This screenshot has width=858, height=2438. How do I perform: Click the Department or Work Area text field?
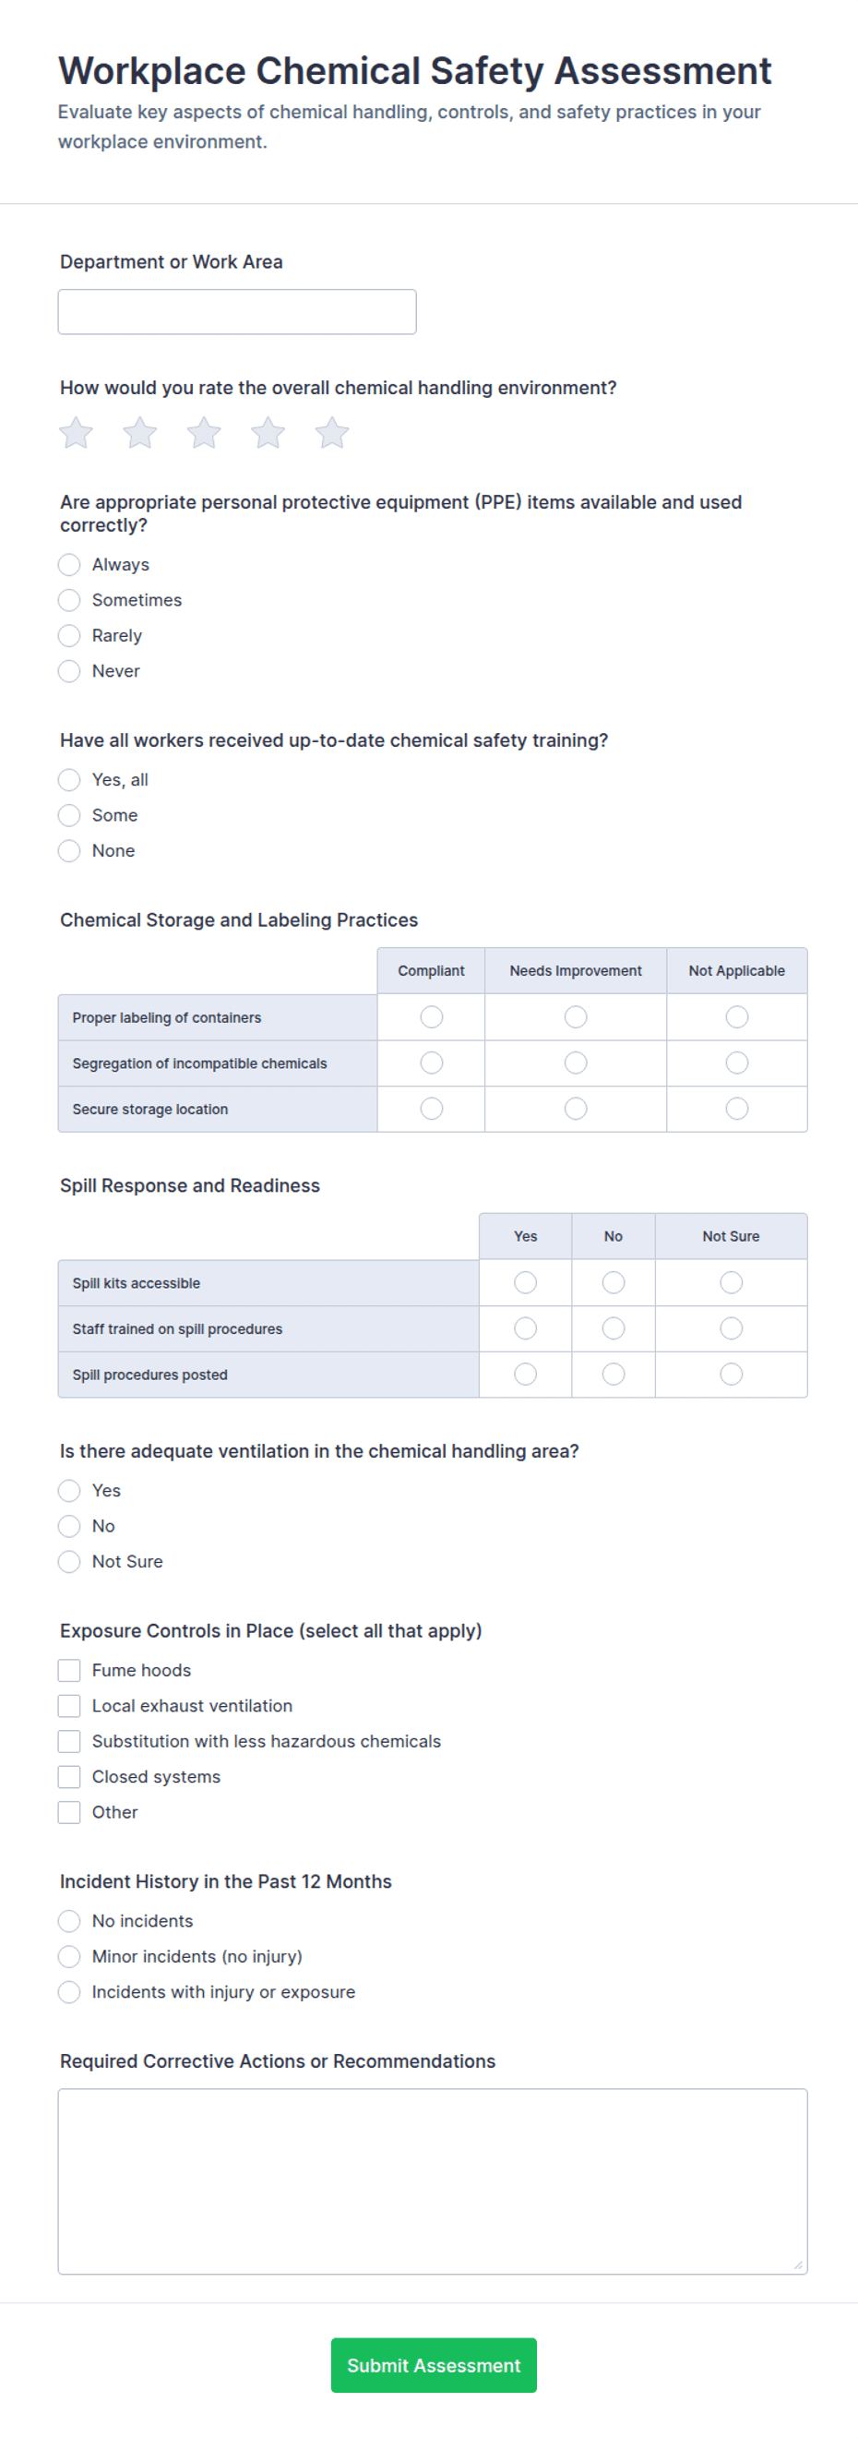(x=236, y=311)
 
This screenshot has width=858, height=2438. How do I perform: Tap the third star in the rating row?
(x=203, y=434)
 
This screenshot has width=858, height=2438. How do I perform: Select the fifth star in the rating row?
(x=332, y=434)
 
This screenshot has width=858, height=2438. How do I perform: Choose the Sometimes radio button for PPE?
(x=69, y=600)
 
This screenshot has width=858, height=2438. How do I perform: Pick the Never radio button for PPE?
(x=69, y=671)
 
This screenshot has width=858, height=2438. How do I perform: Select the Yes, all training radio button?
(x=69, y=780)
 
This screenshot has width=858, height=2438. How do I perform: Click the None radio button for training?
(x=69, y=851)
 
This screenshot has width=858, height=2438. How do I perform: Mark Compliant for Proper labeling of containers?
(x=432, y=1017)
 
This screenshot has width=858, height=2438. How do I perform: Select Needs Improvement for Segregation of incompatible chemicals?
(x=575, y=1063)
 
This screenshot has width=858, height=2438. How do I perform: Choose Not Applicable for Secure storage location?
(x=737, y=1109)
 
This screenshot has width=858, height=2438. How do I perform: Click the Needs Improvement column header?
(x=575, y=971)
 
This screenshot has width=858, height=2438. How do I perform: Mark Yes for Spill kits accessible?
(x=525, y=1282)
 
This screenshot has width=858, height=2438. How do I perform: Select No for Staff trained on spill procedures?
(x=613, y=1328)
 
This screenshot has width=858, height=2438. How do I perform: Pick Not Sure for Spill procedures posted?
(x=732, y=1375)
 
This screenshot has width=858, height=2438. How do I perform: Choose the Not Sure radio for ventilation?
(x=69, y=1562)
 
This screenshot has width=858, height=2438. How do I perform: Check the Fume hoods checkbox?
(x=69, y=1671)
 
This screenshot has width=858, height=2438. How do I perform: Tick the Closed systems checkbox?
(x=69, y=1776)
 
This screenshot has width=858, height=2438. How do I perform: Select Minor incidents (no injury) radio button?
(x=69, y=1956)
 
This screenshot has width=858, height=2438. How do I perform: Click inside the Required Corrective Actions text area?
(x=433, y=2180)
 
